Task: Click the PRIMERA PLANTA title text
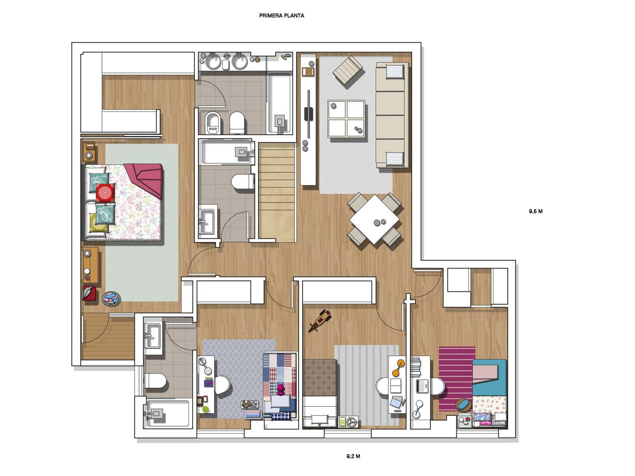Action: coord(281,16)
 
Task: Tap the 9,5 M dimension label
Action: coord(535,211)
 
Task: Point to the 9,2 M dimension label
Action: coord(353,456)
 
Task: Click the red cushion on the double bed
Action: coord(105,192)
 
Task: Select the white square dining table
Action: coord(374,219)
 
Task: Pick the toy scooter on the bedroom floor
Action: coord(320,320)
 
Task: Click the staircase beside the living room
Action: coord(277,192)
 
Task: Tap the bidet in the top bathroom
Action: coord(213,123)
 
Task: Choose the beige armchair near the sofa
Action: coord(348,71)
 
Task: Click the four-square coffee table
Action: coord(346,119)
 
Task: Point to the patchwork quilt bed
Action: coord(280,385)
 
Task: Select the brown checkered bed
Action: coord(320,393)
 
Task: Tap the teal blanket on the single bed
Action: coord(489,377)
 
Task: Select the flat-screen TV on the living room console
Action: coord(309,113)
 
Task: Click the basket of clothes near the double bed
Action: coord(111,298)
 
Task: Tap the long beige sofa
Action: coord(392,115)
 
